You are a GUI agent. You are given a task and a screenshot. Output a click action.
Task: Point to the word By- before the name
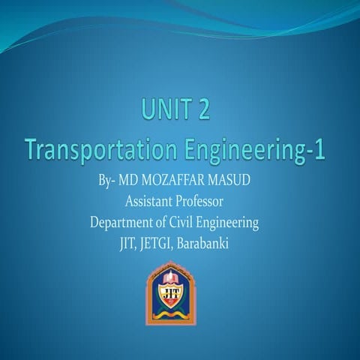coord(109,182)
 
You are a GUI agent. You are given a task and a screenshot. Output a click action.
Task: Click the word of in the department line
coord(163,223)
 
